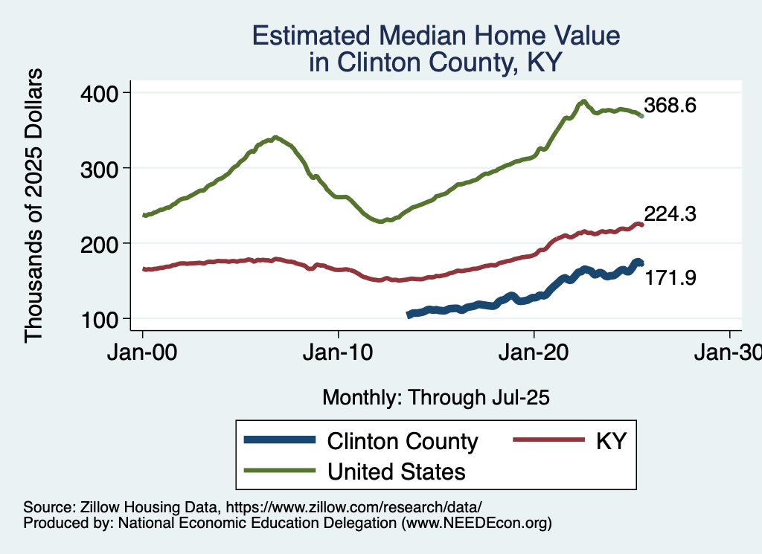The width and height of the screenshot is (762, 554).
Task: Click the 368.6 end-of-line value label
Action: (x=670, y=106)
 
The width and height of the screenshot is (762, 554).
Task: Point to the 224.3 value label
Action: (x=670, y=214)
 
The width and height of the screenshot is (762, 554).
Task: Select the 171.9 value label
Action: (x=670, y=278)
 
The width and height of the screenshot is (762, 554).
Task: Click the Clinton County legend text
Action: (x=403, y=441)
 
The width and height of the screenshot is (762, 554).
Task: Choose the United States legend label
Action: (x=397, y=471)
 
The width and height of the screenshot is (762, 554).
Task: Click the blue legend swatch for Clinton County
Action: (x=279, y=441)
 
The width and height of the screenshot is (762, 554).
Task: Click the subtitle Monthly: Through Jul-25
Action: (x=435, y=397)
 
